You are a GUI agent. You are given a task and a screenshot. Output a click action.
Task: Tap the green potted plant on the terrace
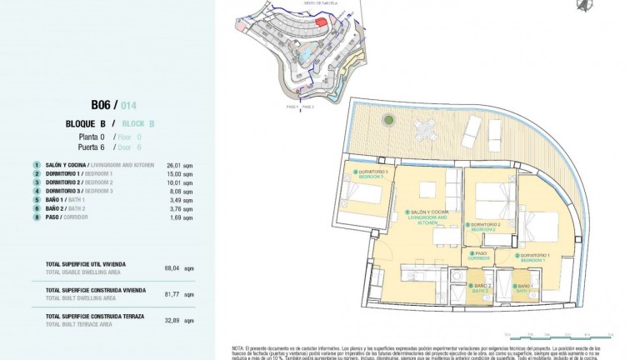tap(388, 121)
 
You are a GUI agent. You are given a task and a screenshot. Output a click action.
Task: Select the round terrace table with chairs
tap(425, 128)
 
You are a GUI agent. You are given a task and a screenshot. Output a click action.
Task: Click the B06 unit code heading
tap(102, 104)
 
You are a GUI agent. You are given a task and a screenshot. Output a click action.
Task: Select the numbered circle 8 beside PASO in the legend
tap(37, 217)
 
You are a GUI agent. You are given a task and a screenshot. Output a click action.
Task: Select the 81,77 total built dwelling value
tap(172, 293)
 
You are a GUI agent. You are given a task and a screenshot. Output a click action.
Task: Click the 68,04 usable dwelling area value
tap(172, 267)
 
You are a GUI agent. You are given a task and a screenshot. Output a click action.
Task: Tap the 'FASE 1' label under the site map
tap(292, 107)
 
